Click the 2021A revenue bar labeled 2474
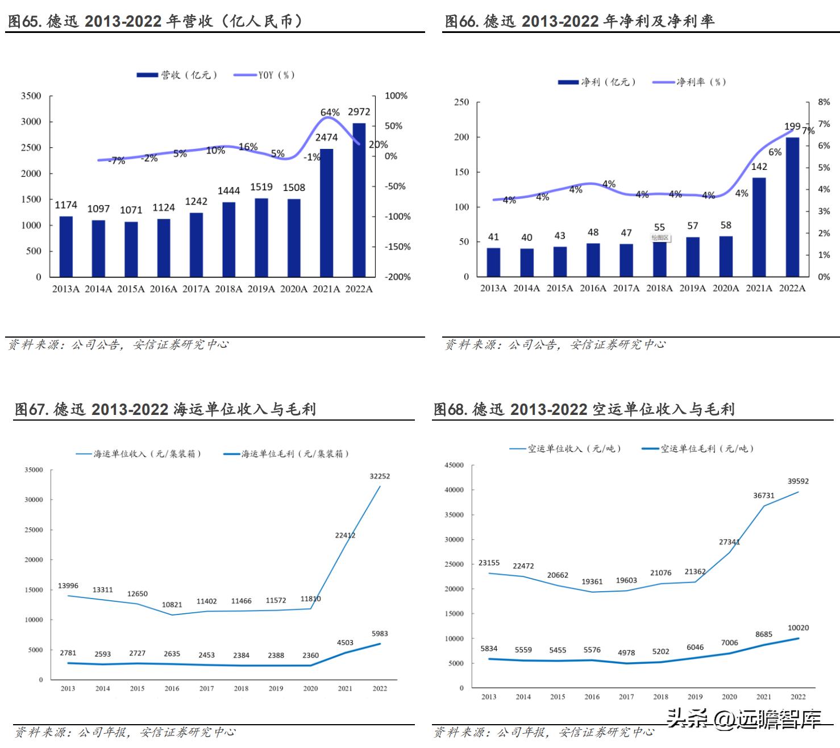326,213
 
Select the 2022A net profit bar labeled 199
792,207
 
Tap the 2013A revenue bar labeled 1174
66,246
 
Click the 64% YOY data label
330,113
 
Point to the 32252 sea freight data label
380,476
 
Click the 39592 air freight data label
798,481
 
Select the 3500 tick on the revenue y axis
31,96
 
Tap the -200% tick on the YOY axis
398,277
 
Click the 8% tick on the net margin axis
824,102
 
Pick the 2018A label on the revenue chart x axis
228,289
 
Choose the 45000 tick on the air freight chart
454,465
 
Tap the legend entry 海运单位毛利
286,454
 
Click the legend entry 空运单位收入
565,449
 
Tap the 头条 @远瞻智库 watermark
745,719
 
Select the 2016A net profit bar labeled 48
593,260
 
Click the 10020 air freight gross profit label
798,628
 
